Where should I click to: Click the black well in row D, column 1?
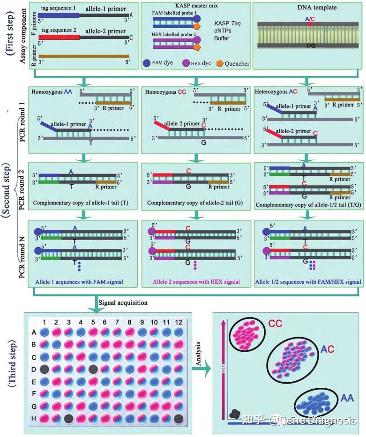click(44, 369)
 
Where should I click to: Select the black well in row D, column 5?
click(93, 369)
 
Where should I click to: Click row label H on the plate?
click(34, 418)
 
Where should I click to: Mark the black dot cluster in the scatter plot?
click(236, 414)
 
